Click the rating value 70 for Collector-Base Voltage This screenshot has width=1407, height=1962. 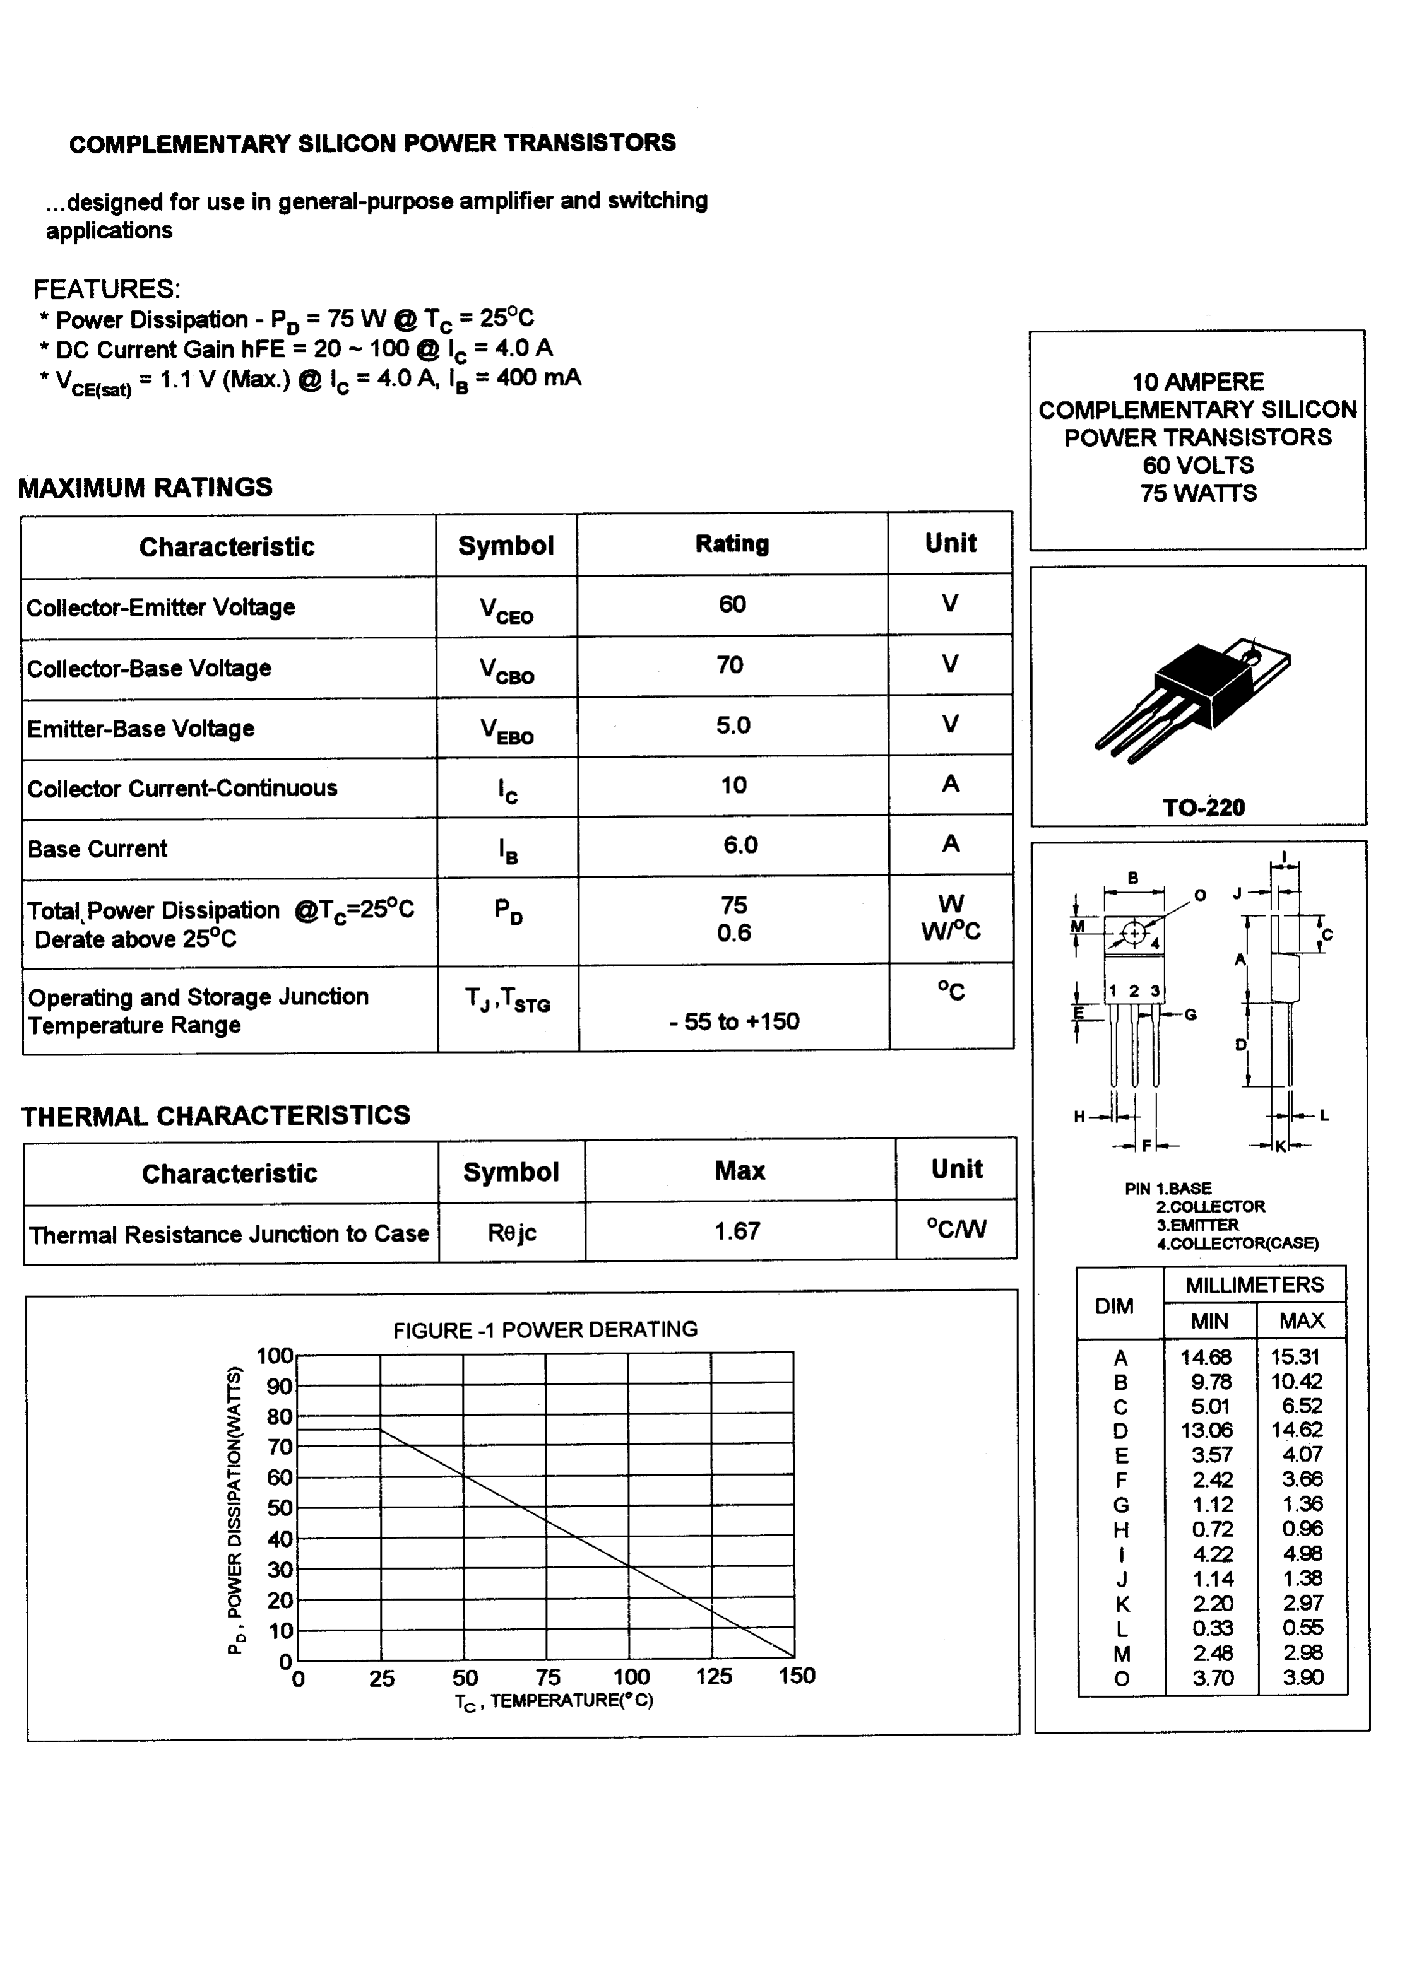coord(730,665)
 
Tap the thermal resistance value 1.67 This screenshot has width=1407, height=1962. coord(737,1230)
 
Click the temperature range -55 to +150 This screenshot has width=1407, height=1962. coord(733,1021)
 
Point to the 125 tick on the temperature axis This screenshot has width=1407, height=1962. coord(713,1676)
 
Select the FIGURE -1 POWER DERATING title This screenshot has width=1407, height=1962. coord(545,1330)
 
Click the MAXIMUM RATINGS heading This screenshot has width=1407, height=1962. coord(145,488)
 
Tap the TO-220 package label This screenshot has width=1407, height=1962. coord(1202,808)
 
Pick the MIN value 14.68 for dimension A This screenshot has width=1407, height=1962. coord(1206,1357)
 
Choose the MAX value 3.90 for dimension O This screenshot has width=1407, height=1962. coord(1302,1677)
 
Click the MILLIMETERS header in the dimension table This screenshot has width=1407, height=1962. coord(1254,1286)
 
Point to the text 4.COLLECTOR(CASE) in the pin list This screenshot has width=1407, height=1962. coord(1237,1244)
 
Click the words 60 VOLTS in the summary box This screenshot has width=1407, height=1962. coord(1197,466)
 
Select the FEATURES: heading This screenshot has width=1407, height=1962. coord(107,289)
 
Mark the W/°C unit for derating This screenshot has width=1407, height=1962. coord(950,932)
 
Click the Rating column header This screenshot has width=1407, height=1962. coord(732,544)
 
